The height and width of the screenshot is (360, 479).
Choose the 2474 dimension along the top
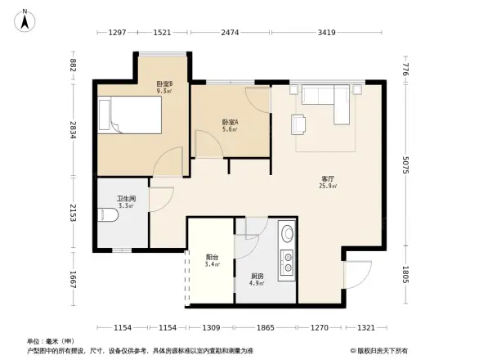click(x=231, y=33)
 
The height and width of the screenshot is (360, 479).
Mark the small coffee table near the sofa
click(x=299, y=124)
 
